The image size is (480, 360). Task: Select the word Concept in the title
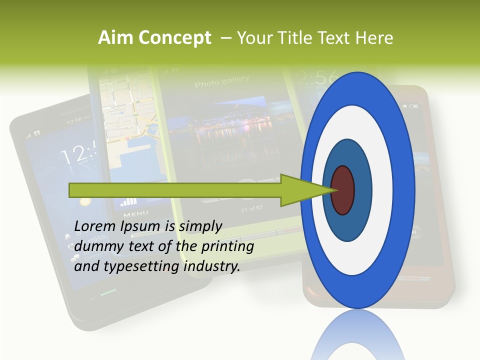coord(174,38)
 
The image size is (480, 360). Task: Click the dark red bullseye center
coord(342,190)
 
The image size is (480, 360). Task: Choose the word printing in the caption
coord(227,246)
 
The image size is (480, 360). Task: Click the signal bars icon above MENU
coord(128,201)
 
